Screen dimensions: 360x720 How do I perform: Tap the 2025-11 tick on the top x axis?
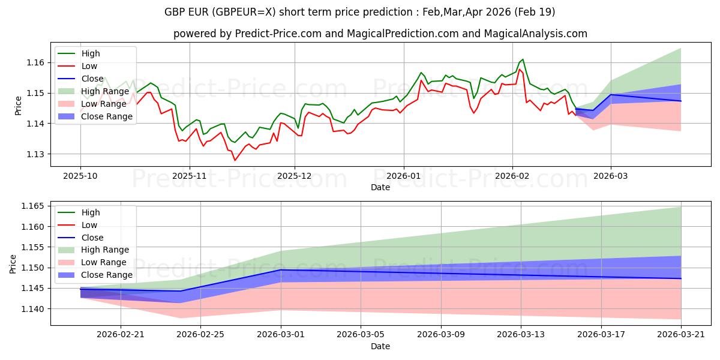click(x=190, y=176)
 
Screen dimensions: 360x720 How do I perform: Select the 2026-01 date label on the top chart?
click(x=403, y=176)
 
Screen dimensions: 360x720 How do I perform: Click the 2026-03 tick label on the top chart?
click(x=611, y=176)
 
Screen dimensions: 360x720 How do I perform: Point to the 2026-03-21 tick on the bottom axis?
click(x=681, y=335)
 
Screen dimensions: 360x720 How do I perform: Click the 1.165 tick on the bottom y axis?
click(x=32, y=206)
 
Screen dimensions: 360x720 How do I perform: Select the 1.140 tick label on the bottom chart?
click(x=32, y=309)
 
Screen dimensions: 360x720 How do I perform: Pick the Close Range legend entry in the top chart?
click(x=107, y=116)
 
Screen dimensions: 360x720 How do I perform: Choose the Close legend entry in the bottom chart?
click(x=92, y=238)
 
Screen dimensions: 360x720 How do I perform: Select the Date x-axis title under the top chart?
click(x=380, y=187)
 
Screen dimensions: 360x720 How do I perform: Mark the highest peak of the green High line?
click(x=523, y=59)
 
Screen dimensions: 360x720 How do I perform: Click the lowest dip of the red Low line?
click(x=235, y=160)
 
